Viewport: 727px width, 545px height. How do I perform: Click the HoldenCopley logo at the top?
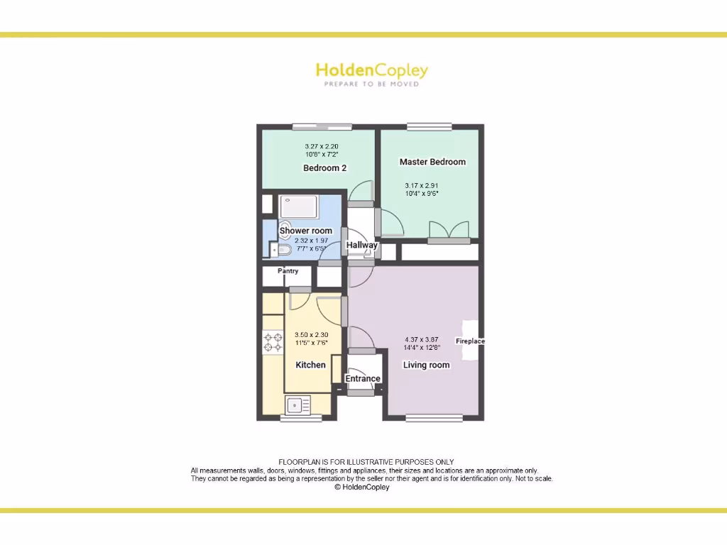pos(371,70)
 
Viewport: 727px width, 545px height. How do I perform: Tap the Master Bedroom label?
pos(432,162)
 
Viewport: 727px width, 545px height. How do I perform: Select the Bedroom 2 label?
pos(324,168)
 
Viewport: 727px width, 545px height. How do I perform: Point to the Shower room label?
pos(305,231)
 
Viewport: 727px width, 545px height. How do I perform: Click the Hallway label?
pos(361,246)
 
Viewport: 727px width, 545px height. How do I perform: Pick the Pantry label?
pos(288,271)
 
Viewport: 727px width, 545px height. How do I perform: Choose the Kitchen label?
pos(310,365)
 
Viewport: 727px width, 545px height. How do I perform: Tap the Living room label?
pos(426,365)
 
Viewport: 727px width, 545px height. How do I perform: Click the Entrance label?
pos(363,379)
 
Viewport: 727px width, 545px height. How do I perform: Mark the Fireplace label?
pos(470,341)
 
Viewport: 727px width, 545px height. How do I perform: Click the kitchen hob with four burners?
pos(273,342)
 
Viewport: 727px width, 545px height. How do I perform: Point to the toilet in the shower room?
pos(282,250)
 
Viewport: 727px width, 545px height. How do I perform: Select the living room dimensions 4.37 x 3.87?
pos(422,343)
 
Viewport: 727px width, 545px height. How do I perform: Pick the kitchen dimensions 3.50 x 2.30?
pos(311,338)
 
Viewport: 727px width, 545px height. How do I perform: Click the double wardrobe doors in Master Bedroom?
pos(449,230)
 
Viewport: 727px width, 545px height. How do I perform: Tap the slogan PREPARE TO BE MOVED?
pos(371,84)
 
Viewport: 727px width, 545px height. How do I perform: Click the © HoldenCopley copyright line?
pos(361,488)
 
